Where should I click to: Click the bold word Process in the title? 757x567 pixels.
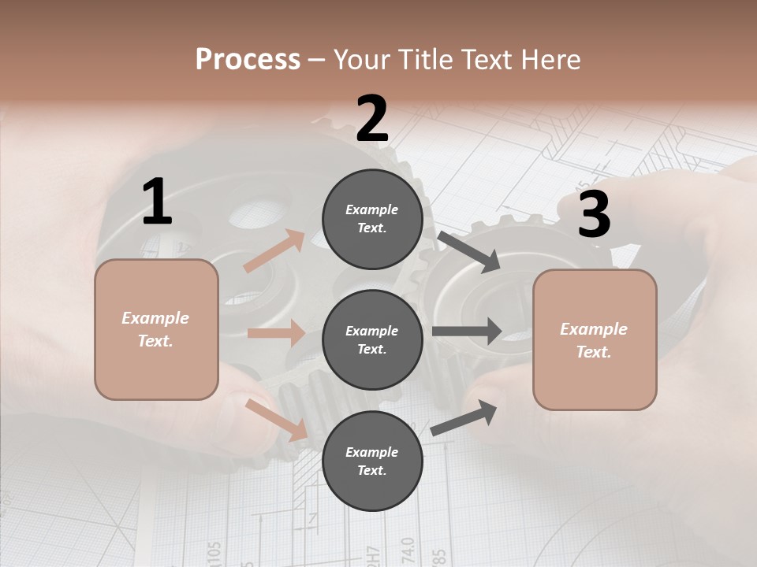pos(248,59)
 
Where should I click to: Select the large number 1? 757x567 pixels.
pos(157,202)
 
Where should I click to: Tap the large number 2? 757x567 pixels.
pos(372,119)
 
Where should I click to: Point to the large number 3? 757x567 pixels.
pos(594,215)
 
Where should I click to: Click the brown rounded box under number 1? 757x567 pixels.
pos(156,329)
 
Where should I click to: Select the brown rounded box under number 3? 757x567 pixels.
pos(595,340)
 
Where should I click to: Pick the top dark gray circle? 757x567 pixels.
pos(372,219)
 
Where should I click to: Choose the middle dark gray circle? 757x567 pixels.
pos(372,340)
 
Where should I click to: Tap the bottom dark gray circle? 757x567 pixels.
pos(372,461)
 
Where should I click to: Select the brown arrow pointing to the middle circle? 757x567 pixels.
pos(276,333)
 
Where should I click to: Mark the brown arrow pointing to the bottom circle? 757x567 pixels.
pos(277,419)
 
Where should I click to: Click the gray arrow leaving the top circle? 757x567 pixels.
pos(468,251)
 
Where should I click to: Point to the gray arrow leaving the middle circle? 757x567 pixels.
pos(466,332)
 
